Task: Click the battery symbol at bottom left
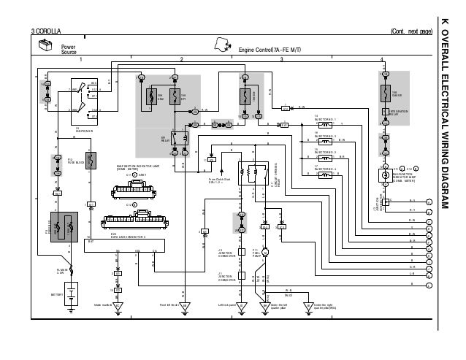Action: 71,296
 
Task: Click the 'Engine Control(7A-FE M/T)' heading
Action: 267,49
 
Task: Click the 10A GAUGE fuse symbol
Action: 383,93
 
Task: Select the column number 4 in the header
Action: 381,58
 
